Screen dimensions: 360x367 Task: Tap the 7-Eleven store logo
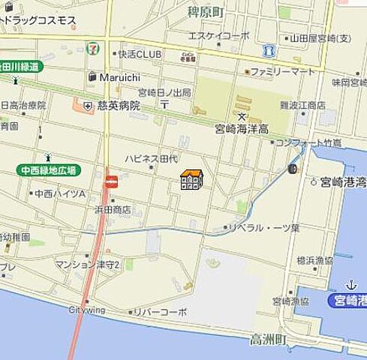(92, 46)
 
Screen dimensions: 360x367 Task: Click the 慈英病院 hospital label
(119, 106)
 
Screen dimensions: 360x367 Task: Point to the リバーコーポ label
(161, 311)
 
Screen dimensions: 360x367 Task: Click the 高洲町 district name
(268, 340)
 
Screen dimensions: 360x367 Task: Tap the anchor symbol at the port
(350, 285)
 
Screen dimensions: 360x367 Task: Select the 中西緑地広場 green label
(50, 171)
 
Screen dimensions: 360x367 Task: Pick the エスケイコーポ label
(218, 35)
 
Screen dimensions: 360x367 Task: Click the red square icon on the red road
(112, 181)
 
